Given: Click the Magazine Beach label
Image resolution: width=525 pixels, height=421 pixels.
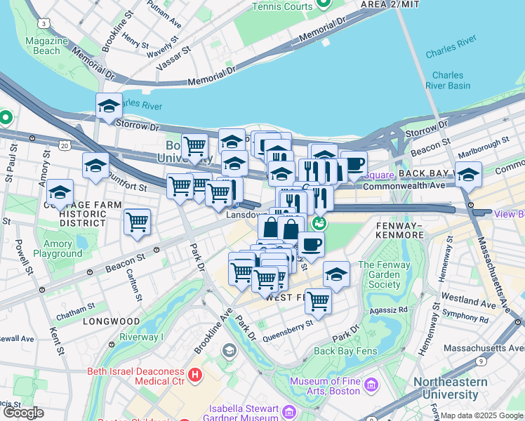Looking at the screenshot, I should pos(47,46).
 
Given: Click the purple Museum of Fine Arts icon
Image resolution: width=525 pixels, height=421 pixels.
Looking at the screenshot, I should pos(371,385).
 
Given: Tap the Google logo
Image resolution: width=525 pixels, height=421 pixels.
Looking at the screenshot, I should pos(22,413).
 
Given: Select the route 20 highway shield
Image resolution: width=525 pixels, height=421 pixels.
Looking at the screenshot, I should pos(65,145).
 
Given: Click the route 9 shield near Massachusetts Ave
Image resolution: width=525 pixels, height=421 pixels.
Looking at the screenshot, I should pos(481,361).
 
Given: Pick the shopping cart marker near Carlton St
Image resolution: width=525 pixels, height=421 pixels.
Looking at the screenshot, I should pos(138,222).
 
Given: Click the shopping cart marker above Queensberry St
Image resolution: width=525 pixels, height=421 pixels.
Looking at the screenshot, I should pos(319,301).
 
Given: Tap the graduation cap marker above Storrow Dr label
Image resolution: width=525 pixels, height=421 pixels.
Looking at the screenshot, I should pos(109,107).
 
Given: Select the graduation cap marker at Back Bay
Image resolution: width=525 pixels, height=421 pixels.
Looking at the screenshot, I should pos(468,175).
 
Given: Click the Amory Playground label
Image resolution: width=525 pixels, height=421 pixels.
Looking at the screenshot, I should pos(58,249).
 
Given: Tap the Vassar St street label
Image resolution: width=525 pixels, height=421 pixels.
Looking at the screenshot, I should pos(177,60).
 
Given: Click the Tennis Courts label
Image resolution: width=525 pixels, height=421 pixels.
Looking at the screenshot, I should pos(282,6).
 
